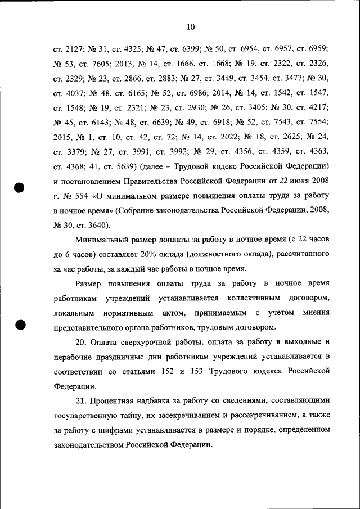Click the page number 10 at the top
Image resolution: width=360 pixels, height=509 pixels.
(x=190, y=26)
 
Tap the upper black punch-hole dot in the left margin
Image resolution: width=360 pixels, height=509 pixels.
(x=20, y=188)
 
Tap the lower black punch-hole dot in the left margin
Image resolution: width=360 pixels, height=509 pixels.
(x=20, y=326)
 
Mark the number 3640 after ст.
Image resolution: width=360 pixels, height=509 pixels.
(x=98, y=226)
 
